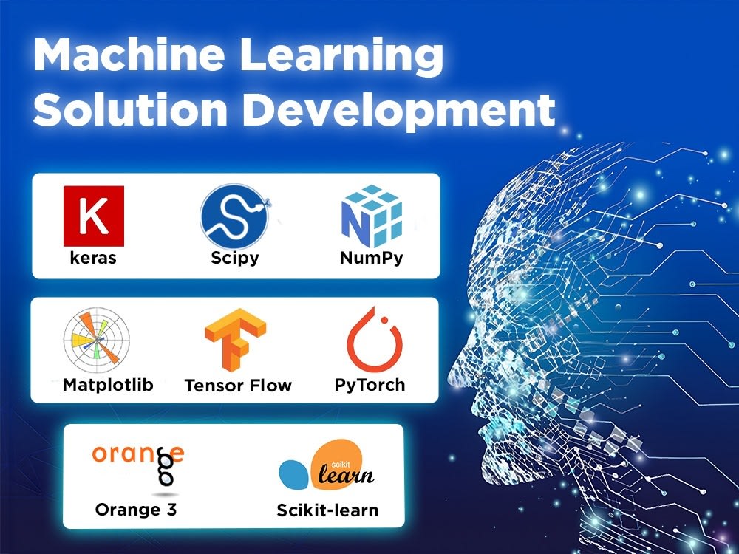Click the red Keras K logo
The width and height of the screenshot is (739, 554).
point(94,216)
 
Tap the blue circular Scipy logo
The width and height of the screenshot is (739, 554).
point(235,216)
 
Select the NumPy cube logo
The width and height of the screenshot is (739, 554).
point(372,216)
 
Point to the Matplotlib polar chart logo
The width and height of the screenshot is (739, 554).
point(97,340)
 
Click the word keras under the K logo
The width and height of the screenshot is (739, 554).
point(93,258)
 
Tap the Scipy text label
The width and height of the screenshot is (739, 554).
point(235,258)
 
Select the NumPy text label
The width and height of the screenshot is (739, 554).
point(372,258)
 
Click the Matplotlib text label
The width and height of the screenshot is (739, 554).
point(108,385)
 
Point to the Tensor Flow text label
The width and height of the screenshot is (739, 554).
point(238,386)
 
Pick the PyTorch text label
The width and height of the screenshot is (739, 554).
point(369,385)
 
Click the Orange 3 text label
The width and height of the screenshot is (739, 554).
point(136,509)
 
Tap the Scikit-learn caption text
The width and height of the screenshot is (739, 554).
point(327,510)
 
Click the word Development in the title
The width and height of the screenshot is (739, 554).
point(399,112)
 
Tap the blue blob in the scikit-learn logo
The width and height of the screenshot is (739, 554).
point(294,474)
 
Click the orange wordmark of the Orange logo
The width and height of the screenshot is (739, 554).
point(138,454)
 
